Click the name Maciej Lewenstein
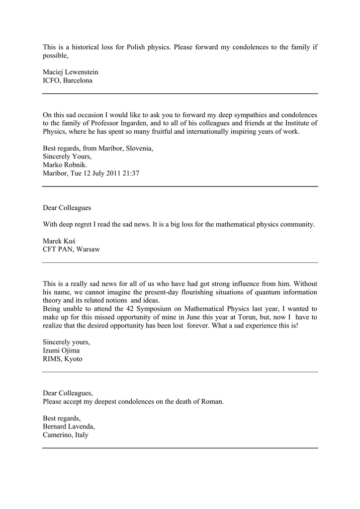[x=70, y=72]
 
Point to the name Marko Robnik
[x=65, y=165]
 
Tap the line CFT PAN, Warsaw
[x=71, y=249]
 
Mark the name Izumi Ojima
[x=61, y=350]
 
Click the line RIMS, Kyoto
[x=63, y=358]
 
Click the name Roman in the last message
[x=212, y=401]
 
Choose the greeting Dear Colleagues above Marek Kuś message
[x=67, y=207]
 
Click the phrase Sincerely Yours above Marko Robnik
[x=67, y=157]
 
